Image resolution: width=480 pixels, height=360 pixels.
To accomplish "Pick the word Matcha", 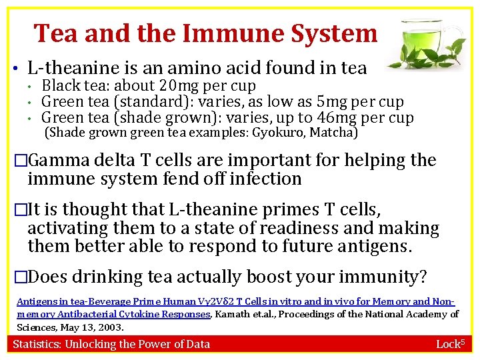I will [x=336, y=132].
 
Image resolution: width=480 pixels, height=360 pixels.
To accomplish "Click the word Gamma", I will [x=60, y=160].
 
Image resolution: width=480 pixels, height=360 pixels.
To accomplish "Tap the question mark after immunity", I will [x=423, y=276].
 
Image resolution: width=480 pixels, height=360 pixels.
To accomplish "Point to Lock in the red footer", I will [x=447, y=344].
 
